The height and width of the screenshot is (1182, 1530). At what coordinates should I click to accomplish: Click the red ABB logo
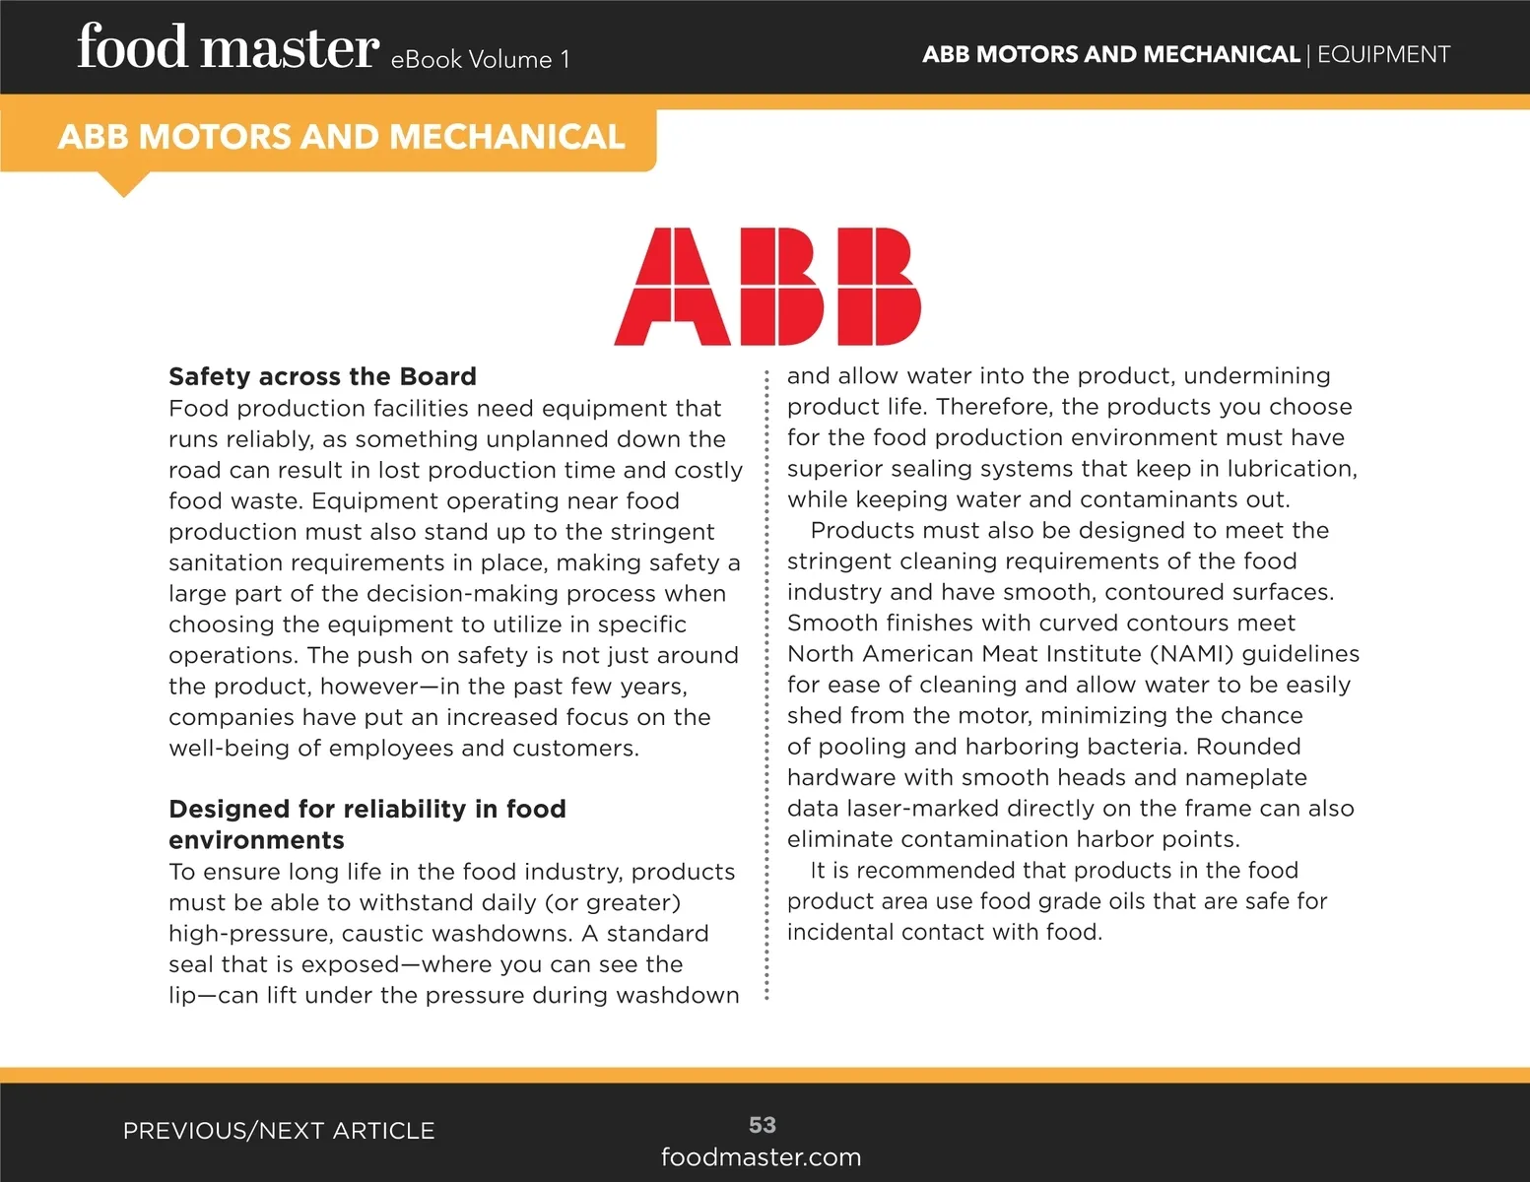click(x=767, y=287)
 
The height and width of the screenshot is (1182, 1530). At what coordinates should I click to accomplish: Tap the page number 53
click(x=763, y=1125)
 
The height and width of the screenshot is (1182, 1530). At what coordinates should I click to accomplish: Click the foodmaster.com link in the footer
click(x=761, y=1157)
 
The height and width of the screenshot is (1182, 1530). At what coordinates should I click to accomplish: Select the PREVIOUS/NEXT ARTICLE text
click(x=279, y=1131)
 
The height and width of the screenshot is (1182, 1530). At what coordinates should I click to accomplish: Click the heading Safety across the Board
click(x=322, y=377)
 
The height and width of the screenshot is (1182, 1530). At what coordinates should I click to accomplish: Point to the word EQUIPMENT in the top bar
click(x=1383, y=54)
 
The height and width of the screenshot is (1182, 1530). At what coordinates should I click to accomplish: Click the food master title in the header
click(x=228, y=48)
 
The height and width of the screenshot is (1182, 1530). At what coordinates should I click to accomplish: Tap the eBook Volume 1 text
click(x=480, y=60)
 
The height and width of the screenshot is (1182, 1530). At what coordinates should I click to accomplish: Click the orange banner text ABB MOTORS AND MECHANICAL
click(x=341, y=137)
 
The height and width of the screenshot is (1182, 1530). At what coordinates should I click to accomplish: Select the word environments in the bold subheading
click(x=256, y=840)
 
